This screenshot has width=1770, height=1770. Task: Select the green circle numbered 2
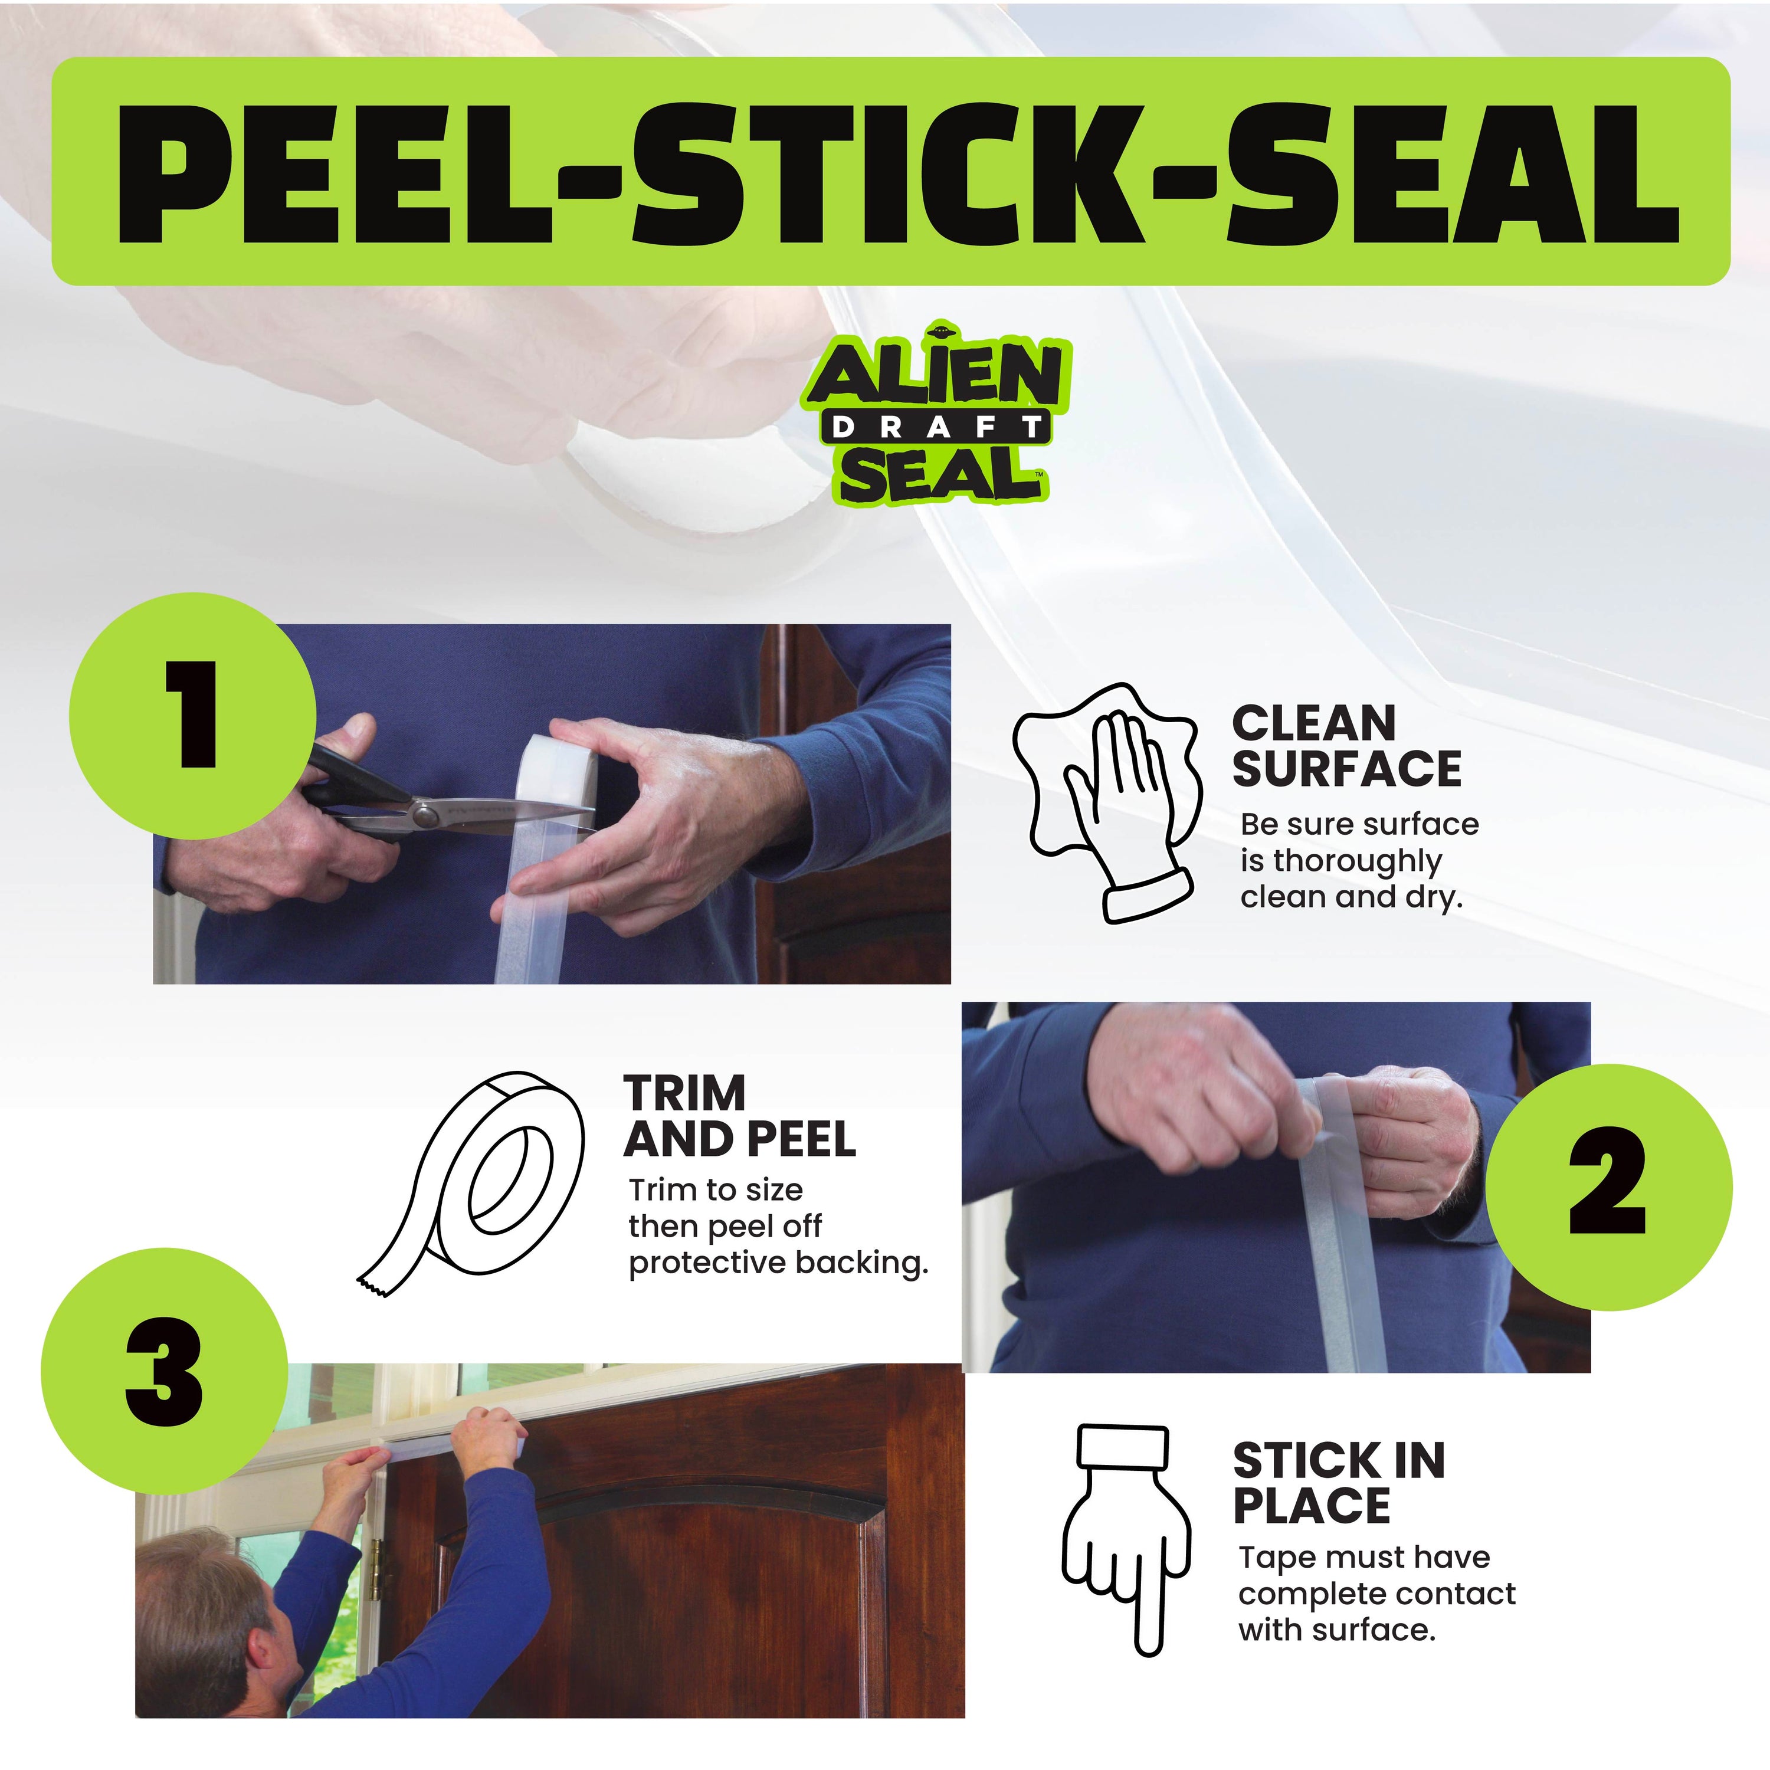(x=1608, y=1187)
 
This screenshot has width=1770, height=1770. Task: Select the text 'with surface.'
(x=1336, y=1630)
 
